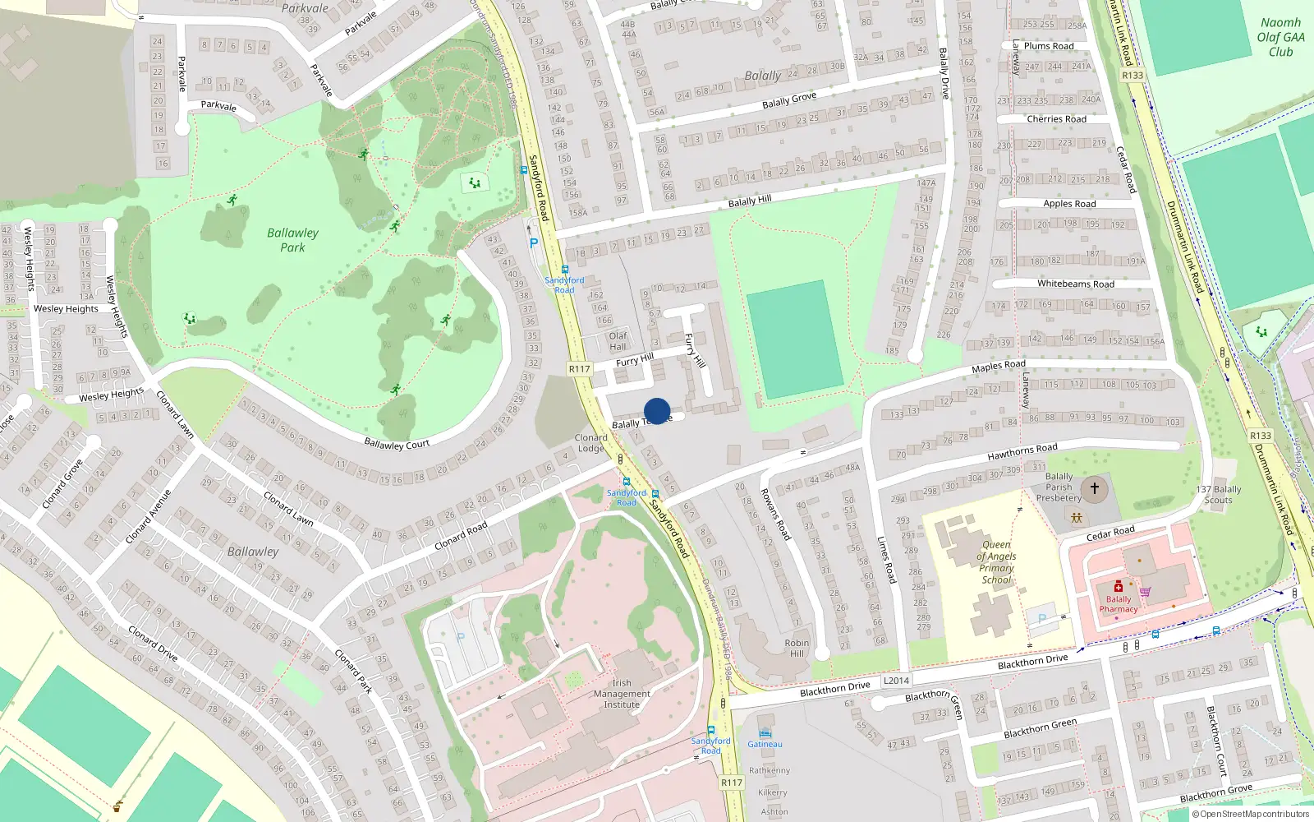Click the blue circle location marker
pos(657,411)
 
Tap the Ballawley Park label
pos(292,240)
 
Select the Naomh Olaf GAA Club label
pos(1280,37)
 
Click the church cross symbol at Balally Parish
pos(1094,489)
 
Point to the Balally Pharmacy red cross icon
pos(1118,587)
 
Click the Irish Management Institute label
pos(622,694)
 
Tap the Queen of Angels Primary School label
pos(996,562)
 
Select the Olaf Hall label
pos(618,341)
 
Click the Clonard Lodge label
pos(590,443)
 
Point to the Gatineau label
pos(765,745)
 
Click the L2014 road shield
pos(896,681)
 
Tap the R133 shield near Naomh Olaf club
pos(1133,76)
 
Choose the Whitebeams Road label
pos(1075,284)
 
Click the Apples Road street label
pos(1069,204)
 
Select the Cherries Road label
pos(1056,119)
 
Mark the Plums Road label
pos(1048,46)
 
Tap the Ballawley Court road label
pos(397,445)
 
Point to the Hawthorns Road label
pos(1022,451)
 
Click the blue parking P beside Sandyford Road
pos(534,243)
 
